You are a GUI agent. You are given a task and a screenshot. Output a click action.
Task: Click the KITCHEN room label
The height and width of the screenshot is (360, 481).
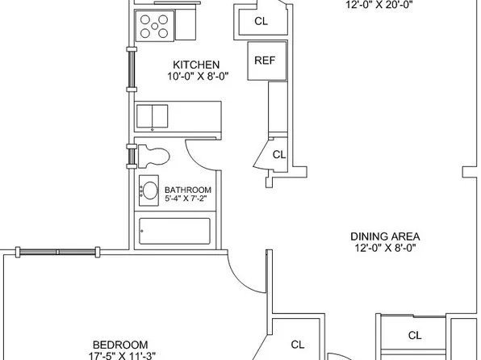pos(196,65)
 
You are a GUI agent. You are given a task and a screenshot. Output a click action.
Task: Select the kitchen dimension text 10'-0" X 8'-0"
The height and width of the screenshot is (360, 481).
pos(199,76)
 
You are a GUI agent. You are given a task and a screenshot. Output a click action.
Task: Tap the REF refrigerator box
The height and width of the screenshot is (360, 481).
pos(267,61)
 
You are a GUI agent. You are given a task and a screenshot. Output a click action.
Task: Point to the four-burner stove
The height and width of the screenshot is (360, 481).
pos(154,26)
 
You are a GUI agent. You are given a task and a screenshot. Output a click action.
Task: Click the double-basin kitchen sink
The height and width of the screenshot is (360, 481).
pos(153,116)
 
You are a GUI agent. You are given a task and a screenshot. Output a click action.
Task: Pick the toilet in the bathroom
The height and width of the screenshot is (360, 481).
pos(153,157)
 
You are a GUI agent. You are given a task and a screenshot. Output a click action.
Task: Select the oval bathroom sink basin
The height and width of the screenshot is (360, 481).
pos(150,190)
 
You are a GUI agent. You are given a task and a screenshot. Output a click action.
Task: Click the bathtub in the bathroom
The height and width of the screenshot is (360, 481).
pos(175,231)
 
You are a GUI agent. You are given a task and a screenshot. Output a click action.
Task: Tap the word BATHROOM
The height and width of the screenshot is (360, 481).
pos(188,190)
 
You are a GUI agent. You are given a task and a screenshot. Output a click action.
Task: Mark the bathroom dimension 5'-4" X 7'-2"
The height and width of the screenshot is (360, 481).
pos(186,199)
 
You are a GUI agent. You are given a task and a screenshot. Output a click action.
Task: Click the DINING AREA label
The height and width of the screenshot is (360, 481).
pos(385,237)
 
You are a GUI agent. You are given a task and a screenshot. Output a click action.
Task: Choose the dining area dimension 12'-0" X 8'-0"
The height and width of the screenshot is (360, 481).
pos(385,247)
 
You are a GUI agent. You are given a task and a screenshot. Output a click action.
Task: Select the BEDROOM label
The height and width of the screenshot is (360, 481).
pos(120,345)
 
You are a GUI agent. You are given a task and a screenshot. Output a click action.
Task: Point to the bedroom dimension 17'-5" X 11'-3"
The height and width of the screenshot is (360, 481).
pos(122,356)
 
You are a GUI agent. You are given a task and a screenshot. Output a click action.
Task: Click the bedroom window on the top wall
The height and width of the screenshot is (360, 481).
pos(57,252)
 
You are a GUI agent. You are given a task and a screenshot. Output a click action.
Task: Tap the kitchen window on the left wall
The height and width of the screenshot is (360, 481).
pos(132,69)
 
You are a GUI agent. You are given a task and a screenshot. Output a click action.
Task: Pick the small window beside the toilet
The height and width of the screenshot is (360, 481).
pos(132,157)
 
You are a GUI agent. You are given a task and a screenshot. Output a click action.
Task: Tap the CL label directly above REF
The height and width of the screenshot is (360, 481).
pos(261,21)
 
